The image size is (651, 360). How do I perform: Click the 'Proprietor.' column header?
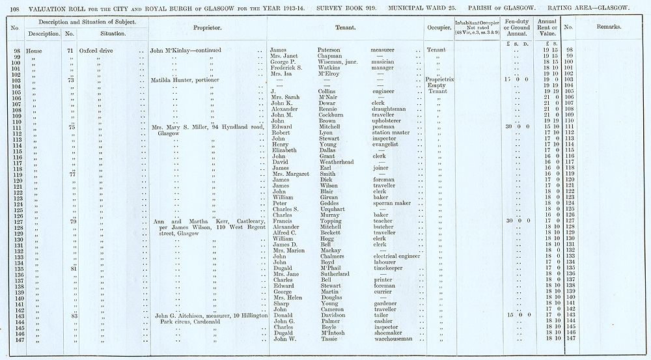tap(208, 29)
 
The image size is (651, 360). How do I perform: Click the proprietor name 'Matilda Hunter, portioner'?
tap(184, 80)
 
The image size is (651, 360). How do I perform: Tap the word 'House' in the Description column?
tap(34, 50)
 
